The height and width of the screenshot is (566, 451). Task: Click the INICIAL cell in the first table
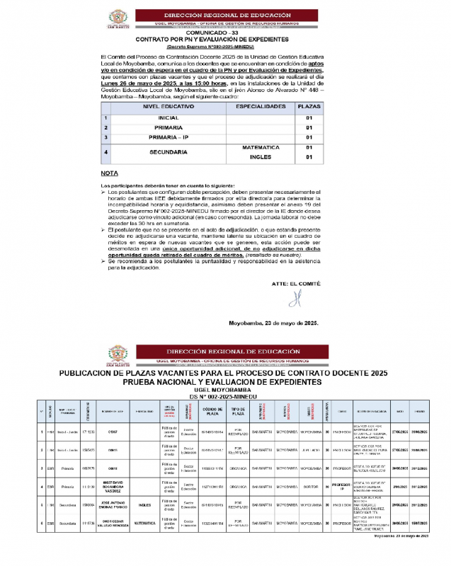168,117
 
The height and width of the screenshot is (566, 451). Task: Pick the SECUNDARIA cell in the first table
168,152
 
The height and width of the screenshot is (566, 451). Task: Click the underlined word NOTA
110,173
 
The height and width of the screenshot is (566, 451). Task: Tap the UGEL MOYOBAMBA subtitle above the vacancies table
224,389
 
